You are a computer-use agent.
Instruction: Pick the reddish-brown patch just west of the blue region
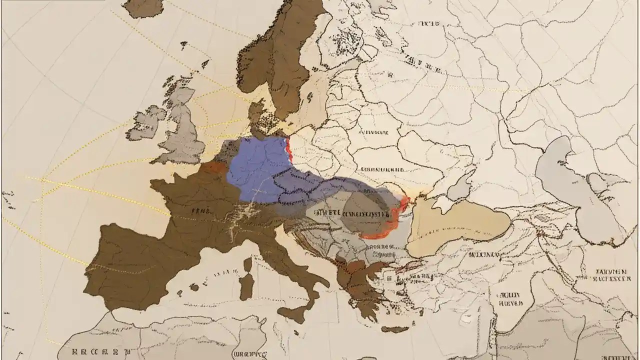214,167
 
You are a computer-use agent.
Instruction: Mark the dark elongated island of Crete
395,329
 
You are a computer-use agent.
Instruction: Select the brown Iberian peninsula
135,265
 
